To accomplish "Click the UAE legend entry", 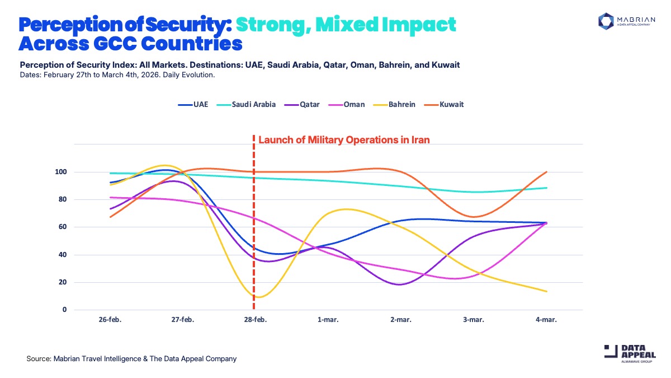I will (193, 104).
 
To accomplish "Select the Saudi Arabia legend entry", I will (250, 104).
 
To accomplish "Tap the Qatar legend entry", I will (305, 104).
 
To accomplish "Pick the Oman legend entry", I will (349, 104).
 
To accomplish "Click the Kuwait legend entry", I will (445, 104).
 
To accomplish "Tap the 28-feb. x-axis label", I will (254, 320).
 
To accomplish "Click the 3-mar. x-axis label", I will (473, 320).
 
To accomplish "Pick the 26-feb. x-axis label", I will (110, 320).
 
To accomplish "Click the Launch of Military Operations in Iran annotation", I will (344, 140).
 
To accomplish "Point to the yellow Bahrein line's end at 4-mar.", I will (546, 291).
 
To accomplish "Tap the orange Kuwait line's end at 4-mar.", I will (546, 172).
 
